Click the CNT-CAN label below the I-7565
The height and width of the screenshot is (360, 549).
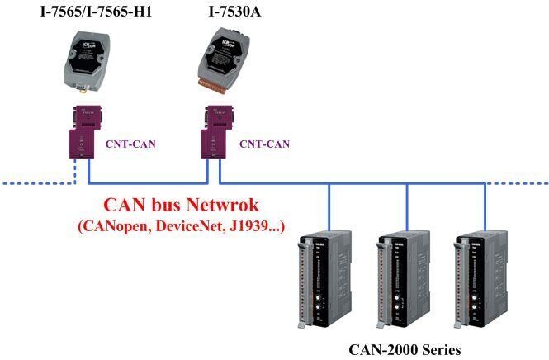click(130, 144)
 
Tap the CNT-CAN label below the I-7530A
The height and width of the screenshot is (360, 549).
click(264, 144)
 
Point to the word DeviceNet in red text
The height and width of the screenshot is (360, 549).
click(192, 225)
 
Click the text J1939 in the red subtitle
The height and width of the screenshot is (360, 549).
click(253, 225)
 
